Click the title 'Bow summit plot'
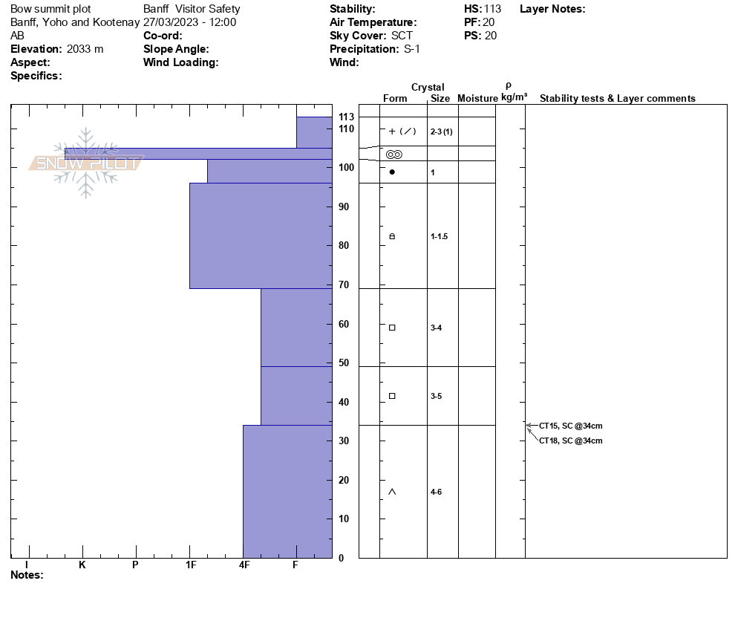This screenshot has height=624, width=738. coord(50,9)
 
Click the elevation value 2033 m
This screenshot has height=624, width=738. coord(85,49)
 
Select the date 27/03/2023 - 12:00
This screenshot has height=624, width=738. coord(190,22)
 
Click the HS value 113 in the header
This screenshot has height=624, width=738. coord(492,9)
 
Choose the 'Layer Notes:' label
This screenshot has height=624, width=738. coord(552,9)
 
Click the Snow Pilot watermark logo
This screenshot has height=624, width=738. coord(85,163)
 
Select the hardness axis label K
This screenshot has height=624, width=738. coord(82,565)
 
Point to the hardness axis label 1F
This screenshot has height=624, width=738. coord(190,565)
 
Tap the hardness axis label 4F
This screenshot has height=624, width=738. coord(244,565)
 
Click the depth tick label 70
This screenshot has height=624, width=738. coord(344,285)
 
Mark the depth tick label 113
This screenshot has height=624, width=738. coord(346,117)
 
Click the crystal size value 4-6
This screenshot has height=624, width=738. coord(436,492)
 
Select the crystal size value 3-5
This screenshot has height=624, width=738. coord(436,396)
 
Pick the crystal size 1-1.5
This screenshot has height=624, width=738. coord(439,236)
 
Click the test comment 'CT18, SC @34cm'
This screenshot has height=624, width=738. coord(570,441)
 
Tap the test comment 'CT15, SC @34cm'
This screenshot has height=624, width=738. coord(570,426)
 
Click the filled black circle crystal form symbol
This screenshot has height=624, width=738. coord(392,172)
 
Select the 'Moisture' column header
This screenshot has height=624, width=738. coord(477,98)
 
